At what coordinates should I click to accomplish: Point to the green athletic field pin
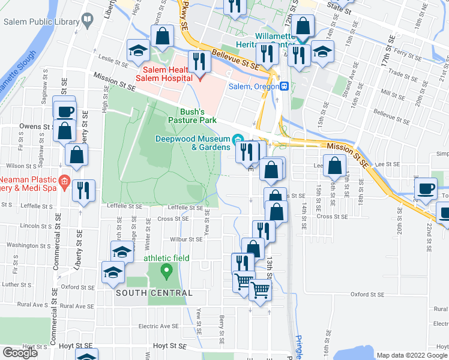[166, 272]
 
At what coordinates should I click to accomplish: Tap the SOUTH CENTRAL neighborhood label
[154, 293]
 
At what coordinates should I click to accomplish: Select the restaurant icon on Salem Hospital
[198, 61]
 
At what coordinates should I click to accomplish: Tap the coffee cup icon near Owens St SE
[65, 110]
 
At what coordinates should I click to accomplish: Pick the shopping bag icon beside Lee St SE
[334, 164]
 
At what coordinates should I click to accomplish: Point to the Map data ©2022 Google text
[411, 355]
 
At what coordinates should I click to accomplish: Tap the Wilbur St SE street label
[187, 239]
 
